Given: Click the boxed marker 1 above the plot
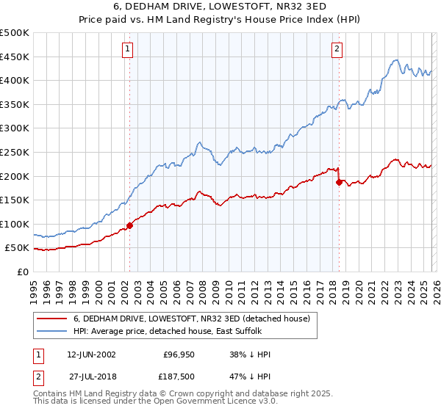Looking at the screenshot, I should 127,49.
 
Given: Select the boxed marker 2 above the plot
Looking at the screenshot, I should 337,49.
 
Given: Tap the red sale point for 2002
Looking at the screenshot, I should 130,225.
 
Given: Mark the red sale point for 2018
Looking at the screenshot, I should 339,182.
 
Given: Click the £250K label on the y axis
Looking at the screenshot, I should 15,153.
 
